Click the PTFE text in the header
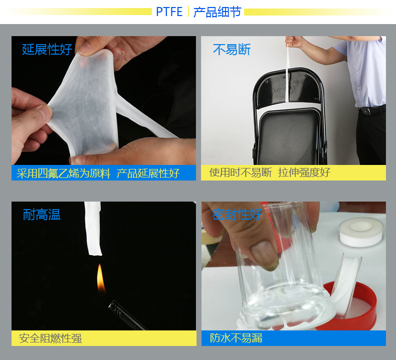tap(169, 12)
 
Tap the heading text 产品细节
tap(217, 12)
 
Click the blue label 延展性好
tap(47, 49)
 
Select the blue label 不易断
tap(232, 49)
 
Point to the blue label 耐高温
tap(42, 215)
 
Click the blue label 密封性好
tap(237, 215)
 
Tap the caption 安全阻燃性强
tap(50, 338)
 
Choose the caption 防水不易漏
tap(236, 338)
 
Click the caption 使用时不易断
tap(241, 172)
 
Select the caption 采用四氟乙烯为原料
tap(64, 173)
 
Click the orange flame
tap(101, 278)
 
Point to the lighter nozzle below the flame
tap(125, 314)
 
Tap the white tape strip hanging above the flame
tap(93, 229)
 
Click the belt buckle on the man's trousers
tap(365, 111)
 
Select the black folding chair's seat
tap(289, 136)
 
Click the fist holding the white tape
tap(294, 42)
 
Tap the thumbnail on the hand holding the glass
tap(262, 253)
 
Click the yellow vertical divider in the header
tap(188, 12)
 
